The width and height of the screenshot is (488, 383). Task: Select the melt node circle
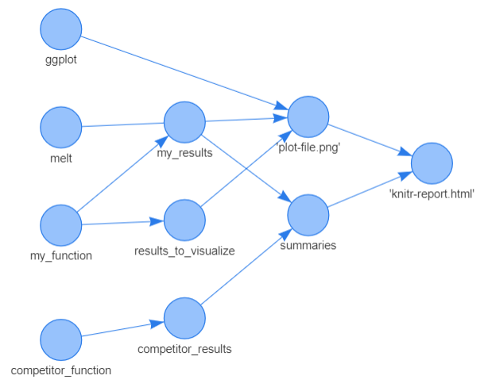[x=61, y=128]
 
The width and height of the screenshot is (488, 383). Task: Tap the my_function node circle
[x=61, y=225]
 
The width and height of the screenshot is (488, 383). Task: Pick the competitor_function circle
[x=61, y=339]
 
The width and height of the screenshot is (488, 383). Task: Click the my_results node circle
[x=184, y=122]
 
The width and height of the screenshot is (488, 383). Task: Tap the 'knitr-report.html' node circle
[x=432, y=163]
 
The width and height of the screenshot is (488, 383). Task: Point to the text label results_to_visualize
[x=184, y=251]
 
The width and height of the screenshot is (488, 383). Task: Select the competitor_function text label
[x=61, y=370]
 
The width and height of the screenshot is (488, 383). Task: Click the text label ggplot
[x=61, y=59]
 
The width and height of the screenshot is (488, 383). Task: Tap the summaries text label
[x=308, y=246]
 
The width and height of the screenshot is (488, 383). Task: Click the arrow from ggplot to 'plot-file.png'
[x=183, y=72]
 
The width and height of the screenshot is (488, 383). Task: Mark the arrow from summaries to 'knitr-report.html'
[x=370, y=189]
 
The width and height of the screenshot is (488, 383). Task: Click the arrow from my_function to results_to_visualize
[x=122, y=223]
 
